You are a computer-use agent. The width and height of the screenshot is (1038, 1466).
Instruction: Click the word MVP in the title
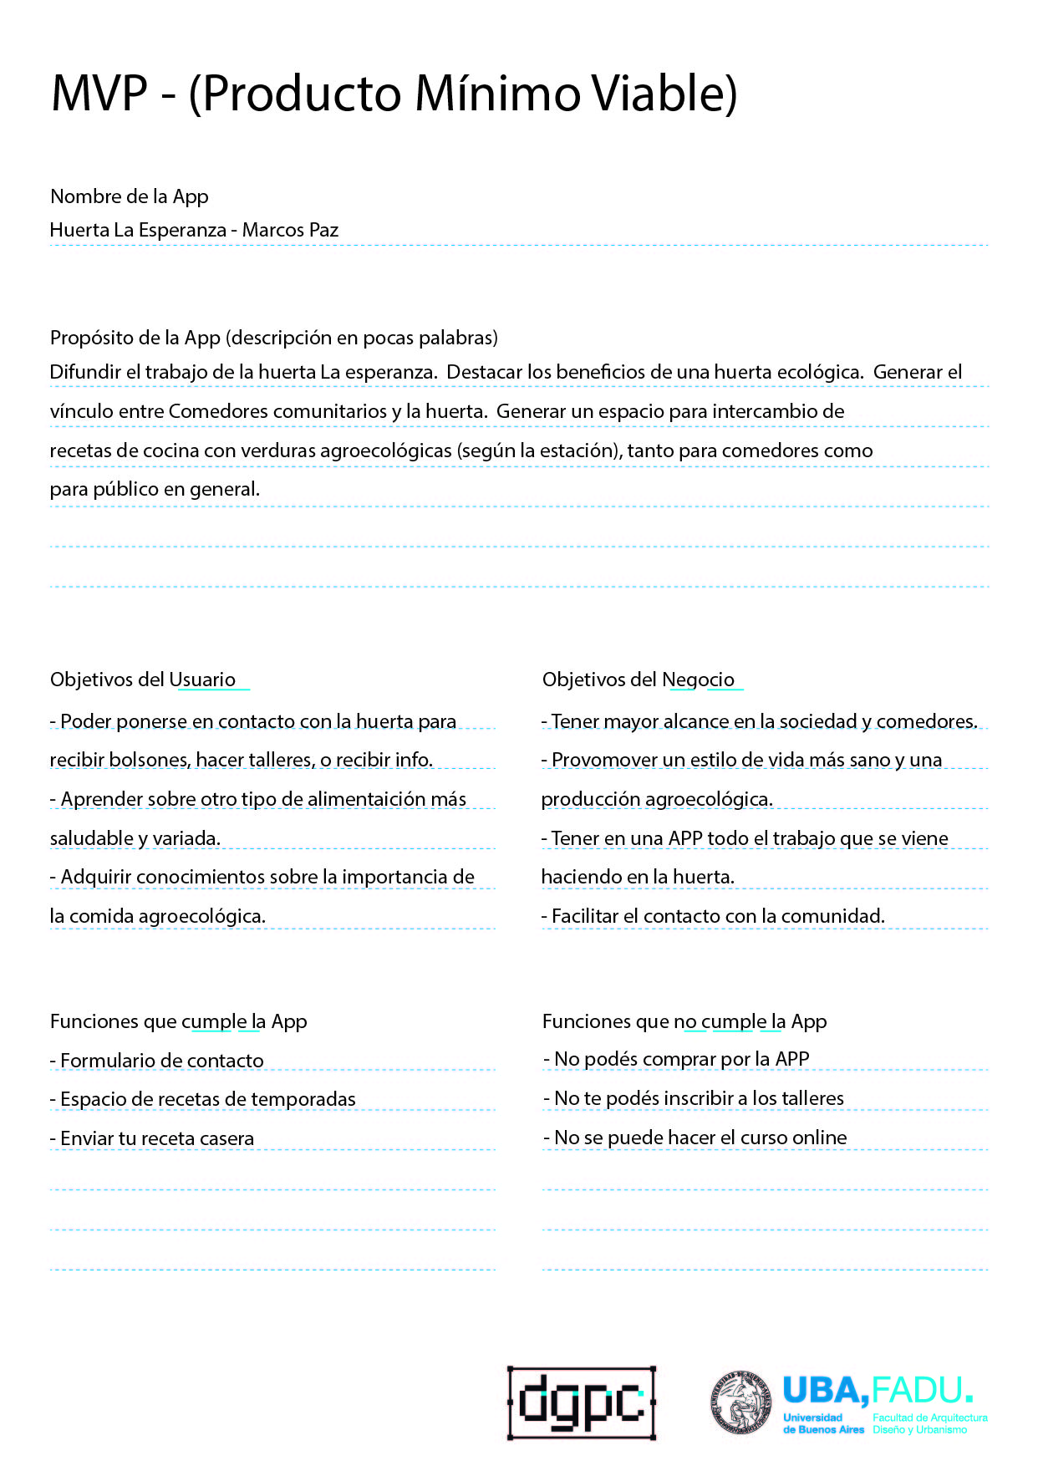click(99, 93)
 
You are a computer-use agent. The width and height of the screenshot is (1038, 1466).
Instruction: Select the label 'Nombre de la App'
click(130, 196)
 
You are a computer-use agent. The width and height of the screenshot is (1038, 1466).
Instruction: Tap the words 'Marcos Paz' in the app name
click(290, 230)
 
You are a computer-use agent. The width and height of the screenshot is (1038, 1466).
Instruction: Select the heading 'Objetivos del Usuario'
click(143, 680)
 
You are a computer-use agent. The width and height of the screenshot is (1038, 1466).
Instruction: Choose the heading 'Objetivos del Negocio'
click(639, 680)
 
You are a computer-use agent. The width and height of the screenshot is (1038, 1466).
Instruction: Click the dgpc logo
click(582, 1402)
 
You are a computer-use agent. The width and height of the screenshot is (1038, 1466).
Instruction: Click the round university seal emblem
click(740, 1402)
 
